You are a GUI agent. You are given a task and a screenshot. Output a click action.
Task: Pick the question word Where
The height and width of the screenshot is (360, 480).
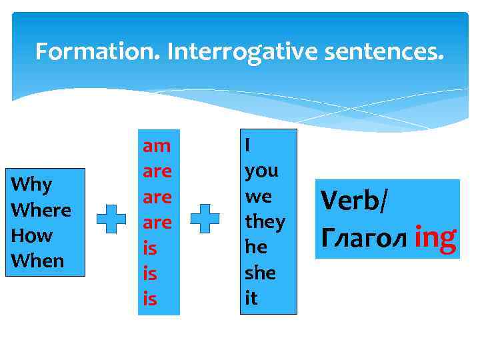click(x=41, y=209)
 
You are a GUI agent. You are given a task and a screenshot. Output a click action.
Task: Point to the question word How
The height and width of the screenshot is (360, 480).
click(x=32, y=235)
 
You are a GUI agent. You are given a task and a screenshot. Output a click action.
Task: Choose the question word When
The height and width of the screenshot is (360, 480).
click(x=38, y=261)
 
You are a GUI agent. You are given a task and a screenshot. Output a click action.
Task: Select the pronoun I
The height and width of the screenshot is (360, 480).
click(x=248, y=144)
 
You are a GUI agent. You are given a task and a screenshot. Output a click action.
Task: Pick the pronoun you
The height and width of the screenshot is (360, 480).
click(x=261, y=170)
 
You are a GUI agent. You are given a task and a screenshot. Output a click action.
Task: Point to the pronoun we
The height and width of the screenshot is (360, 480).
click(x=259, y=196)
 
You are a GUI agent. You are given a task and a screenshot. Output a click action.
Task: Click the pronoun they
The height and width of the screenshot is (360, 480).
click(x=265, y=221)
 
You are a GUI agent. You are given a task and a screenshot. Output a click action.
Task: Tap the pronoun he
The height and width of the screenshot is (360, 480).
click(x=256, y=247)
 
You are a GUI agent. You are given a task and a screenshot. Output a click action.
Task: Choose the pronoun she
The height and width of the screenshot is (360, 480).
click(x=260, y=273)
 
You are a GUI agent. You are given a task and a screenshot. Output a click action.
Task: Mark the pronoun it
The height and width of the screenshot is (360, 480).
click(x=251, y=299)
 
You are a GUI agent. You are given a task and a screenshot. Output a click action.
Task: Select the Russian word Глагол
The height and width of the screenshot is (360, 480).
click(x=364, y=237)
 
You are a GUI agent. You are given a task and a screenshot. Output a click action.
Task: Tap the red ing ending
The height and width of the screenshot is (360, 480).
click(x=435, y=237)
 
